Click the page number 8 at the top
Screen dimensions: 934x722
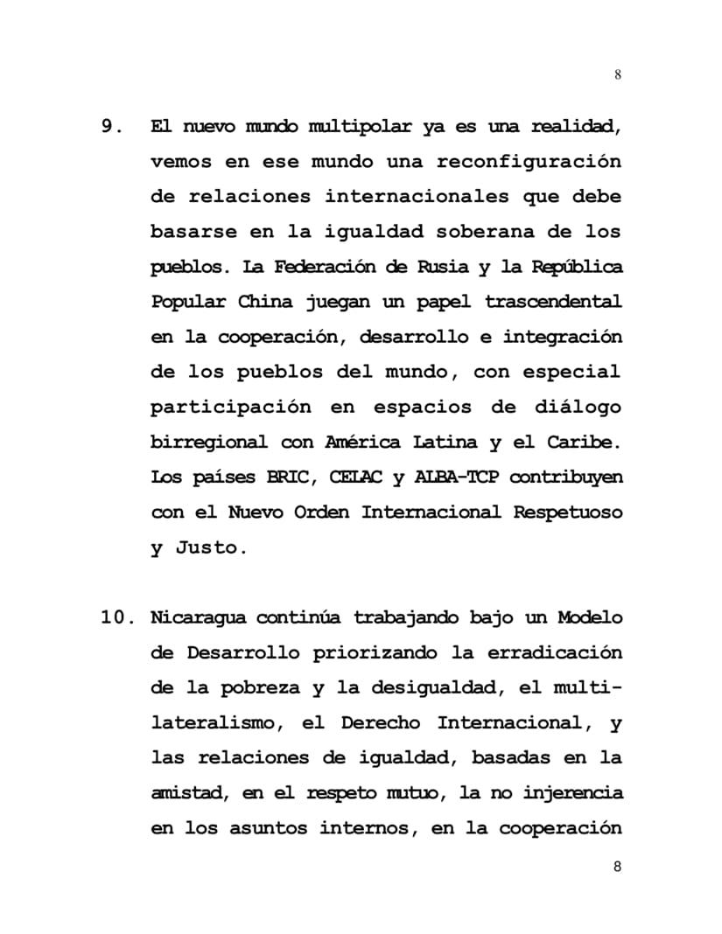tap(618, 74)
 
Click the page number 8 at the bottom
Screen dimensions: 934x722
tap(618, 867)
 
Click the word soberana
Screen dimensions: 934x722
tap(476, 233)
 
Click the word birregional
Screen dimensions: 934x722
tap(209, 443)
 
